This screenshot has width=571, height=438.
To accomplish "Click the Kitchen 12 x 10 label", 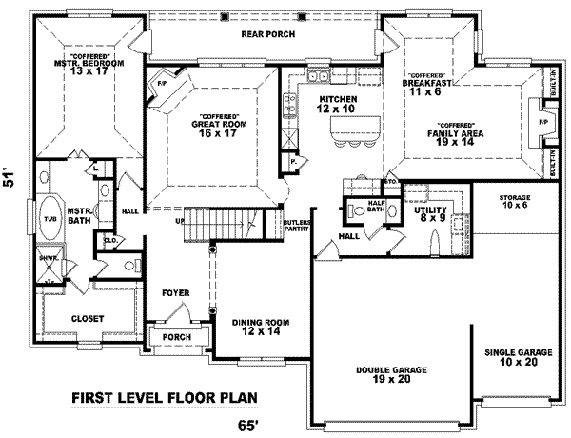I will [338, 105].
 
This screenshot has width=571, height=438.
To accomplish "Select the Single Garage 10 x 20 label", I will [511, 356].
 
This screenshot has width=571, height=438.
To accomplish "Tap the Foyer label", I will [175, 292].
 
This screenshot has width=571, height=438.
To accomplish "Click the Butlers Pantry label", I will [296, 226].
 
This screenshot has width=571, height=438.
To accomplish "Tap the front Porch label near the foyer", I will [175, 338].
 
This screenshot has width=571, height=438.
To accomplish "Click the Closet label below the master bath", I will [88, 318].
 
